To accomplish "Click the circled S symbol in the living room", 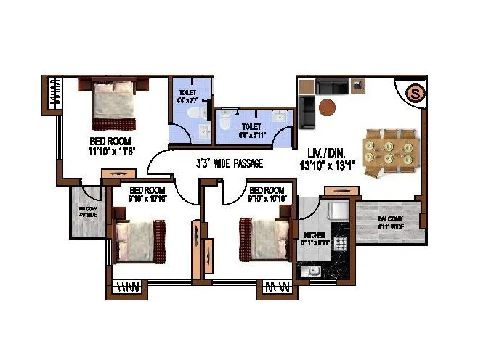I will click(x=414, y=93).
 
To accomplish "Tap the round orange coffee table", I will click(x=327, y=107).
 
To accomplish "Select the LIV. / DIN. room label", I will click(x=325, y=154).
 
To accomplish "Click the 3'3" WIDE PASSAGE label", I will click(x=229, y=163).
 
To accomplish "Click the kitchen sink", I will click(x=313, y=271).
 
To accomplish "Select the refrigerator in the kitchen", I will click(x=336, y=210).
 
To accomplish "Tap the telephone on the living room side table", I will click(x=358, y=86).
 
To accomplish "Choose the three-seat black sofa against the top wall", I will click(x=331, y=87).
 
